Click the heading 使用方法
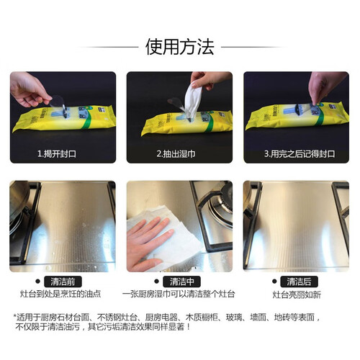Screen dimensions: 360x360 [x=179, y=47]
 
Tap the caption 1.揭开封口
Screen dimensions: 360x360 [x=57, y=153]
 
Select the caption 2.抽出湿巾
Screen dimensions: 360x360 [x=176, y=153]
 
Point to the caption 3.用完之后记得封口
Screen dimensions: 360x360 [x=300, y=153]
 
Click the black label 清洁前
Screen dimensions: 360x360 [x=63, y=282]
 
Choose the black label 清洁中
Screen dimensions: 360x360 [x=181, y=282]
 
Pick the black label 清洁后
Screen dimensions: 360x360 [x=299, y=282]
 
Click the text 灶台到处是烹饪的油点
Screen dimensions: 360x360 [x=60, y=294]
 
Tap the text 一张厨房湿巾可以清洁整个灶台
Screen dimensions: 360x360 [x=179, y=294]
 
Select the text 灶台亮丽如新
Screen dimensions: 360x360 [x=297, y=294]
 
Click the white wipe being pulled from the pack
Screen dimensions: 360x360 [x=193, y=99]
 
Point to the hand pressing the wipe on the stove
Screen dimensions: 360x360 [x=148, y=243]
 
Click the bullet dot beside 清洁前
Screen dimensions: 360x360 [x=37, y=281]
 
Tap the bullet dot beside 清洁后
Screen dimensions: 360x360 [x=274, y=281]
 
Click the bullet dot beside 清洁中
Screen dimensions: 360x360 [x=157, y=281]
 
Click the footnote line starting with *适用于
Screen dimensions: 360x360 [x=167, y=318]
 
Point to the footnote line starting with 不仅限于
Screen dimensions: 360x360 [x=103, y=327]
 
